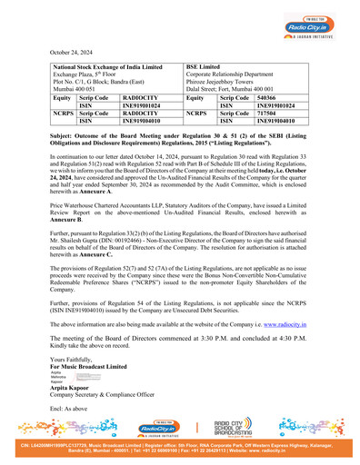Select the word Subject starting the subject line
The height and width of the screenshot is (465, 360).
63,133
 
